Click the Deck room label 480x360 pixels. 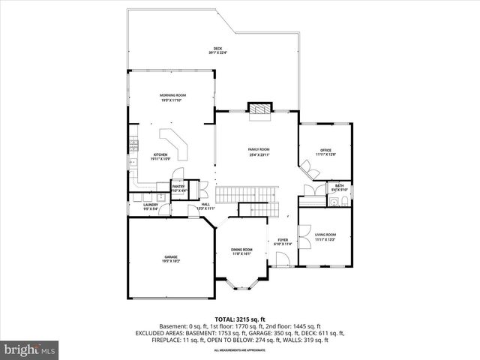click(218, 51)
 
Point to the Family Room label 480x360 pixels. click(259, 151)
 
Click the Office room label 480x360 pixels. click(326, 152)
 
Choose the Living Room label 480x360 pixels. click(325, 237)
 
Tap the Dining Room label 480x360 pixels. click(241, 251)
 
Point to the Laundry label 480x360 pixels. click(150, 208)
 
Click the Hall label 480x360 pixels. click(205, 205)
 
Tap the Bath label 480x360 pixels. click(339, 187)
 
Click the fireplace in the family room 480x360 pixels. click(260, 109)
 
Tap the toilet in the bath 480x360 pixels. click(343, 199)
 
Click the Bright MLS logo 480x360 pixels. click(30, 349)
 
